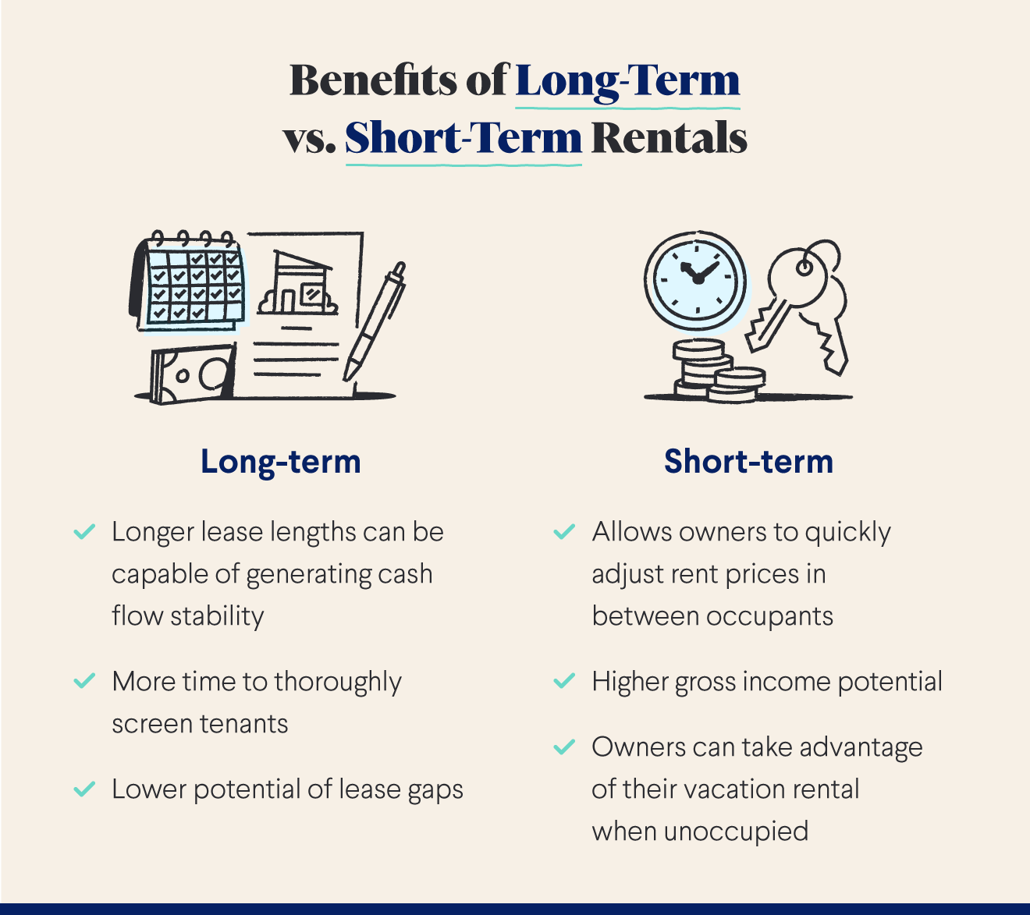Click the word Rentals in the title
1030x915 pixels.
[669, 138]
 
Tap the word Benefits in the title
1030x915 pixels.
[374, 80]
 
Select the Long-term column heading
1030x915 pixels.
[281, 461]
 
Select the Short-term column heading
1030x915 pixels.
[748, 461]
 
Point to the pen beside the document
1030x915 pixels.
[375, 320]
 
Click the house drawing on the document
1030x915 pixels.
[299, 285]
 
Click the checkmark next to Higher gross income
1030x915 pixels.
[563, 681]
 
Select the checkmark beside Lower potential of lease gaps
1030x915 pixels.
[83, 789]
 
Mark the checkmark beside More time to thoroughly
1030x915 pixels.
[83, 681]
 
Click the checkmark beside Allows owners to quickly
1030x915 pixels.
[563, 532]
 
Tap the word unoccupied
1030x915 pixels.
[735, 832]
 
